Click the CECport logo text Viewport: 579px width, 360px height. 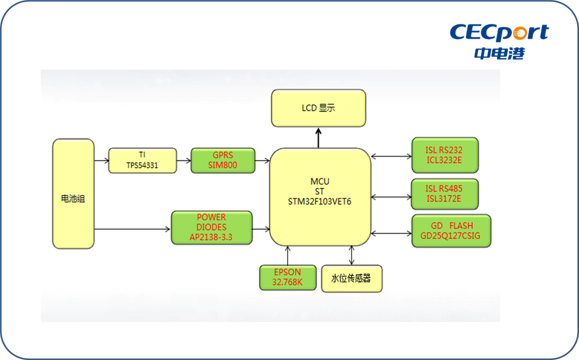pos(499,32)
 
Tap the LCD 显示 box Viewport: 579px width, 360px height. pos(319,108)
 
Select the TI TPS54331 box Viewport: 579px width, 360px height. pos(142,160)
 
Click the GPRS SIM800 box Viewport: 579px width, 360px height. pos(223,160)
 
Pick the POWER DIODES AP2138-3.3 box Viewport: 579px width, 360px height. pos(211,227)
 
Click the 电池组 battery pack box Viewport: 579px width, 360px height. pos(73,194)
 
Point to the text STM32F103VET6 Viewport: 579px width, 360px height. pos(320,202)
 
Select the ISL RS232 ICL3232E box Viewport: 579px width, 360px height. pos(445,155)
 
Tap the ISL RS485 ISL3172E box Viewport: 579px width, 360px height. pos(444,194)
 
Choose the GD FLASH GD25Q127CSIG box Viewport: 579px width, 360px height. pos(451,231)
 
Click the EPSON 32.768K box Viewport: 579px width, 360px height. pos(288,277)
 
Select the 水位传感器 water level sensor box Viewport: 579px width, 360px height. pos(351,279)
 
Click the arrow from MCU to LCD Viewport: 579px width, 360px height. pos(319,138)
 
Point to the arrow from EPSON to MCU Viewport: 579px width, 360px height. pos(288,255)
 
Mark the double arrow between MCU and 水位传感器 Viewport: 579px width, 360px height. pos(351,255)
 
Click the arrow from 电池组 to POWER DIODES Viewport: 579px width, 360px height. pos(132,229)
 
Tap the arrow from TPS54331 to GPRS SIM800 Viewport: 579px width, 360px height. pos(184,161)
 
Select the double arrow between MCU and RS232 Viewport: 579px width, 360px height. pos(391,156)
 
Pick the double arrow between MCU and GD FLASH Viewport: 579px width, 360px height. pos(391,233)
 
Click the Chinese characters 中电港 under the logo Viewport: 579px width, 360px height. pos(499,53)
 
